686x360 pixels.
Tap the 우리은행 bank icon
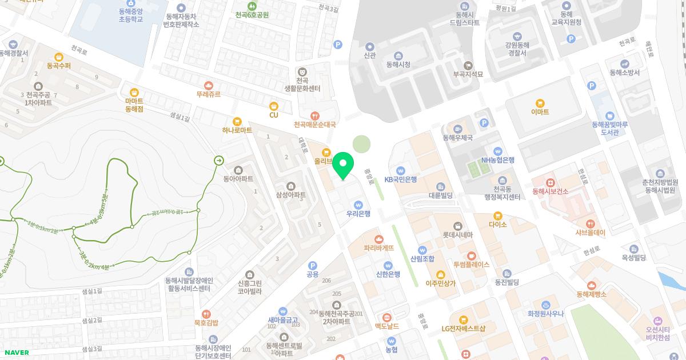tap(358, 205)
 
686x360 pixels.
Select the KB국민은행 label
tap(401, 179)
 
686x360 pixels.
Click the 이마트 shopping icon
tap(540, 103)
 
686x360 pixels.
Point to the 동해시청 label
tap(398, 65)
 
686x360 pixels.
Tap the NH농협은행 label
tap(498, 160)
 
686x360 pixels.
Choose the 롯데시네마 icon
tap(457, 226)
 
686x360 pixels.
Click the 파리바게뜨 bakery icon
tap(378, 239)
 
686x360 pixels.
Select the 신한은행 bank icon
tap(388, 265)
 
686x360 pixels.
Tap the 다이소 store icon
tap(498, 215)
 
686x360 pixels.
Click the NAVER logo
tap(16, 353)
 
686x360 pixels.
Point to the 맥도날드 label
tap(386, 326)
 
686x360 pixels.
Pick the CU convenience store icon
tap(274, 106)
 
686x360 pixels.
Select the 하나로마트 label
tap(237, 130)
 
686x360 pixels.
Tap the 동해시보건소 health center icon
tap(551, 183)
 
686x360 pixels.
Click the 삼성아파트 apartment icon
tap(291, 186)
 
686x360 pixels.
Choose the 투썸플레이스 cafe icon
tap(471, 255)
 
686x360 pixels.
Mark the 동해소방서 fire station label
tap(625, 73)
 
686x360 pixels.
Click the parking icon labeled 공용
tap(312, 265)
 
